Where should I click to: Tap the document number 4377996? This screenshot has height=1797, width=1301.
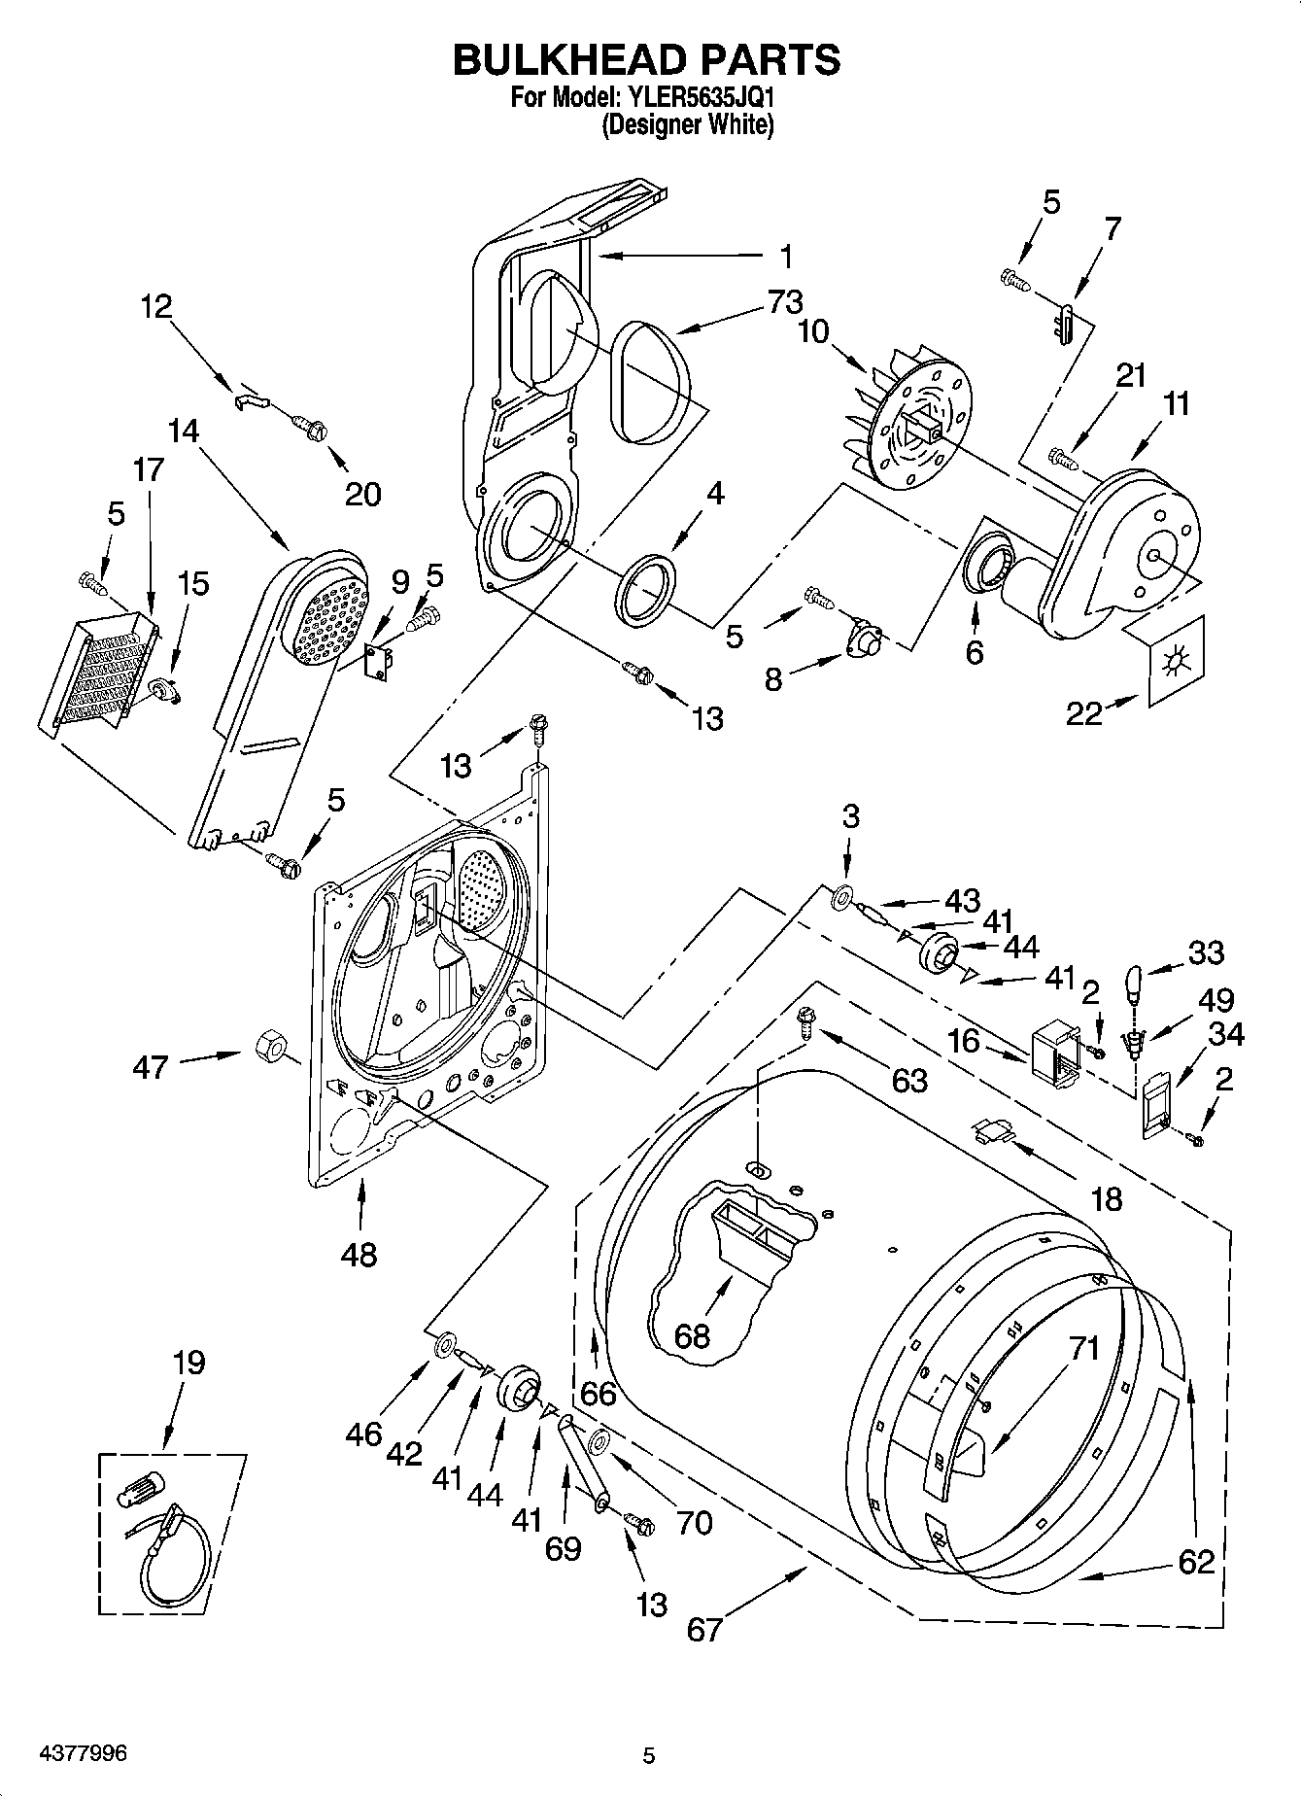click(83, 1753)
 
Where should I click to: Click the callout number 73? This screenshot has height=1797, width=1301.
click(785, 302)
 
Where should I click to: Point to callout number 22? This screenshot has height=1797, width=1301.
click(1084, 714)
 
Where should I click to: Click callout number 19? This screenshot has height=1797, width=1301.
click(188, 1363)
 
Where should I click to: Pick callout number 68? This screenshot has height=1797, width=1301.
click(692, 1336)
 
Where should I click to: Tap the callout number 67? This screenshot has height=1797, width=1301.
click(705, 1629)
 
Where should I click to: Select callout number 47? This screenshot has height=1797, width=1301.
click(151, 1067)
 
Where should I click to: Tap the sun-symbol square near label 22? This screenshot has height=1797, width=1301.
click(1175, 659)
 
